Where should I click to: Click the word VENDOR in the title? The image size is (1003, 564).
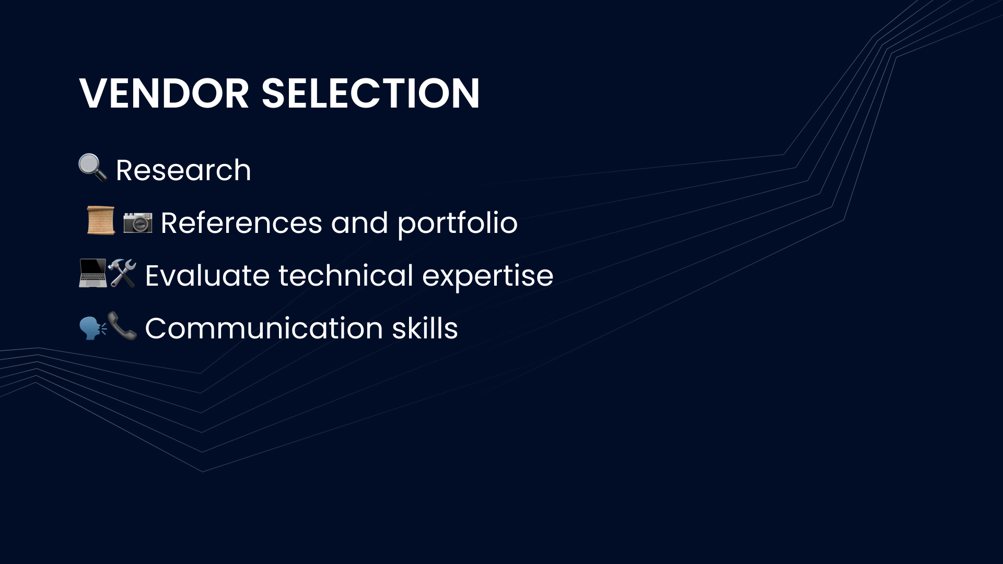click(164, 93)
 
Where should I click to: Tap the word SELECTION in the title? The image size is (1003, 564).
click(370, 93)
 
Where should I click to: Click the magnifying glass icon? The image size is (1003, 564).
click(92, 167)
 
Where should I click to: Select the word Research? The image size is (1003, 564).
click(183, 170)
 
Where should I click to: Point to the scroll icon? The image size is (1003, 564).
click(101, 220)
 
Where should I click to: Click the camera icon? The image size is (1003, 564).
click(138, 222)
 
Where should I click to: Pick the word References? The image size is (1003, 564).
click(241, 223)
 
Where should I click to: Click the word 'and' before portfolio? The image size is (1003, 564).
click(359, 223)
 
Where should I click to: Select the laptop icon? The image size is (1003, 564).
click(92, 273)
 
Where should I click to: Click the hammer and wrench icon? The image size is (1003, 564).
click(122, 273)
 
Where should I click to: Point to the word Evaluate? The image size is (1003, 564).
click(207, 276)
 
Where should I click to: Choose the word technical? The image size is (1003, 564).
click(346, 275)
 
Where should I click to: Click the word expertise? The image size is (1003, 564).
click(487, 277)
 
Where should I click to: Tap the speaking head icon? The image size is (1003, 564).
click(93, 327)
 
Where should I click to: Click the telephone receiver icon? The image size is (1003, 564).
click(122, 326)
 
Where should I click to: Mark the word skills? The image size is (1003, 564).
click(425, 328)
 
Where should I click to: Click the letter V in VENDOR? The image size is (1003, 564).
click(94, 93)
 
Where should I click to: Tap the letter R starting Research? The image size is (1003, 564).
click(125, 170)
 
